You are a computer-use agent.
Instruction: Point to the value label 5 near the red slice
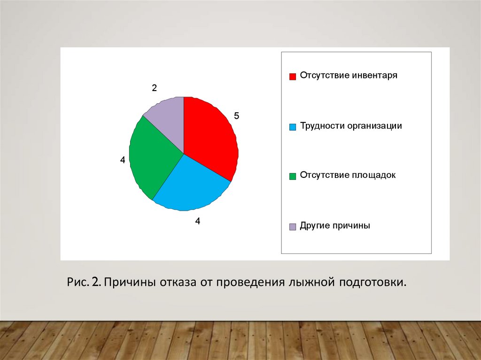point(237,116)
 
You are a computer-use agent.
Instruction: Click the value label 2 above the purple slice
point(154,88)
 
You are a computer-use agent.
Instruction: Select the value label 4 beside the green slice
point(123,160)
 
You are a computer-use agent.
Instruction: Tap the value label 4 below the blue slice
point(198,221)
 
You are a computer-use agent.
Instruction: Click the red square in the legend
point(293,77)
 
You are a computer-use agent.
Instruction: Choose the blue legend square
point(293,127)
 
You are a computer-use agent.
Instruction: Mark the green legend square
point(293,176)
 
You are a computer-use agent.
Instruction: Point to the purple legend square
point(293,227)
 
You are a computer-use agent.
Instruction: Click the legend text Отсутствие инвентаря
point(349,76)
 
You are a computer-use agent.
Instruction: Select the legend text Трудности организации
point(351,126)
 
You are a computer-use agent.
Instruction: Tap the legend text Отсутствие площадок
point(348,176)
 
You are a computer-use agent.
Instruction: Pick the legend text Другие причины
point(335,226)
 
